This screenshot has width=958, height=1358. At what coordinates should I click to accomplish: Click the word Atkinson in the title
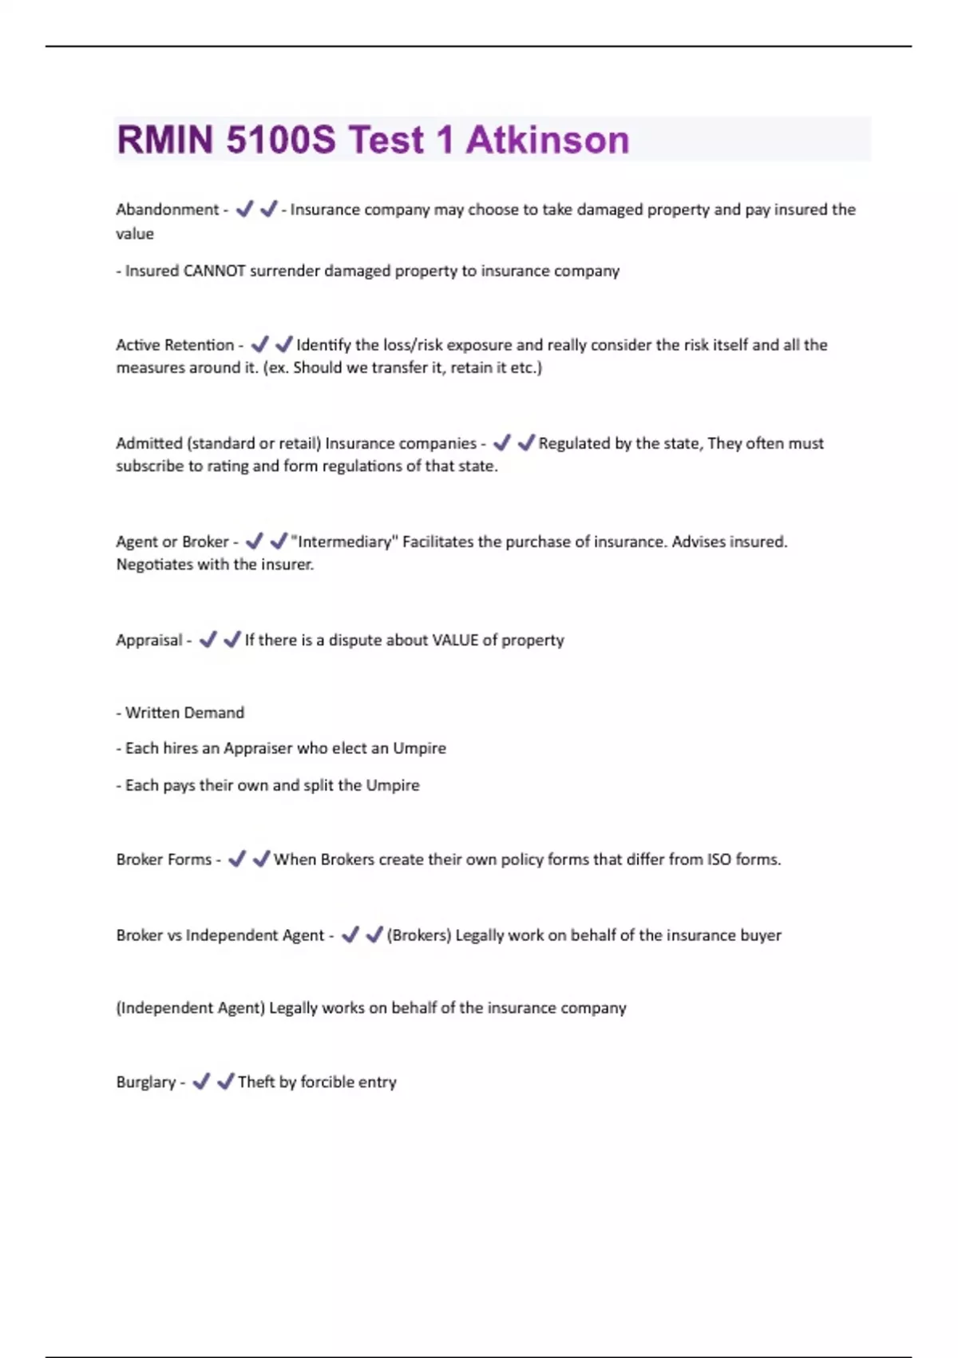[548, 140]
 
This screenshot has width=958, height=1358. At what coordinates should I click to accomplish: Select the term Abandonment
[167, 209]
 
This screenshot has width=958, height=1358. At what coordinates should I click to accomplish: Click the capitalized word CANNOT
[215, 271]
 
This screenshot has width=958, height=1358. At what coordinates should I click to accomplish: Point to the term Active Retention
[175, 345]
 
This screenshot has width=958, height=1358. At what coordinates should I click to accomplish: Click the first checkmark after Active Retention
[259, 344]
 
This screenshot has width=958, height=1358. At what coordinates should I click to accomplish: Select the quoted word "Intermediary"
[343, 542]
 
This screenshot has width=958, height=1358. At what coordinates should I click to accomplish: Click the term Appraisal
[148, 640]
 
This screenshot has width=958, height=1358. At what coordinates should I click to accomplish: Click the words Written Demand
[185, 713]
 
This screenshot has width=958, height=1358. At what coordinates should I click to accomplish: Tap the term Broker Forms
[164, 860]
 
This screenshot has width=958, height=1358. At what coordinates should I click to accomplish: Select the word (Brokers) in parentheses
[418, 935]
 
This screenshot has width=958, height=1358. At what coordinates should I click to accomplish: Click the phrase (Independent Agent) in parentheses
[190, 1008]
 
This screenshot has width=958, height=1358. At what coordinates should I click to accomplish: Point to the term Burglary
[145, 1082]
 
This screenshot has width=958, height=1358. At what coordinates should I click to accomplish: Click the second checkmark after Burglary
[225, 1082]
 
